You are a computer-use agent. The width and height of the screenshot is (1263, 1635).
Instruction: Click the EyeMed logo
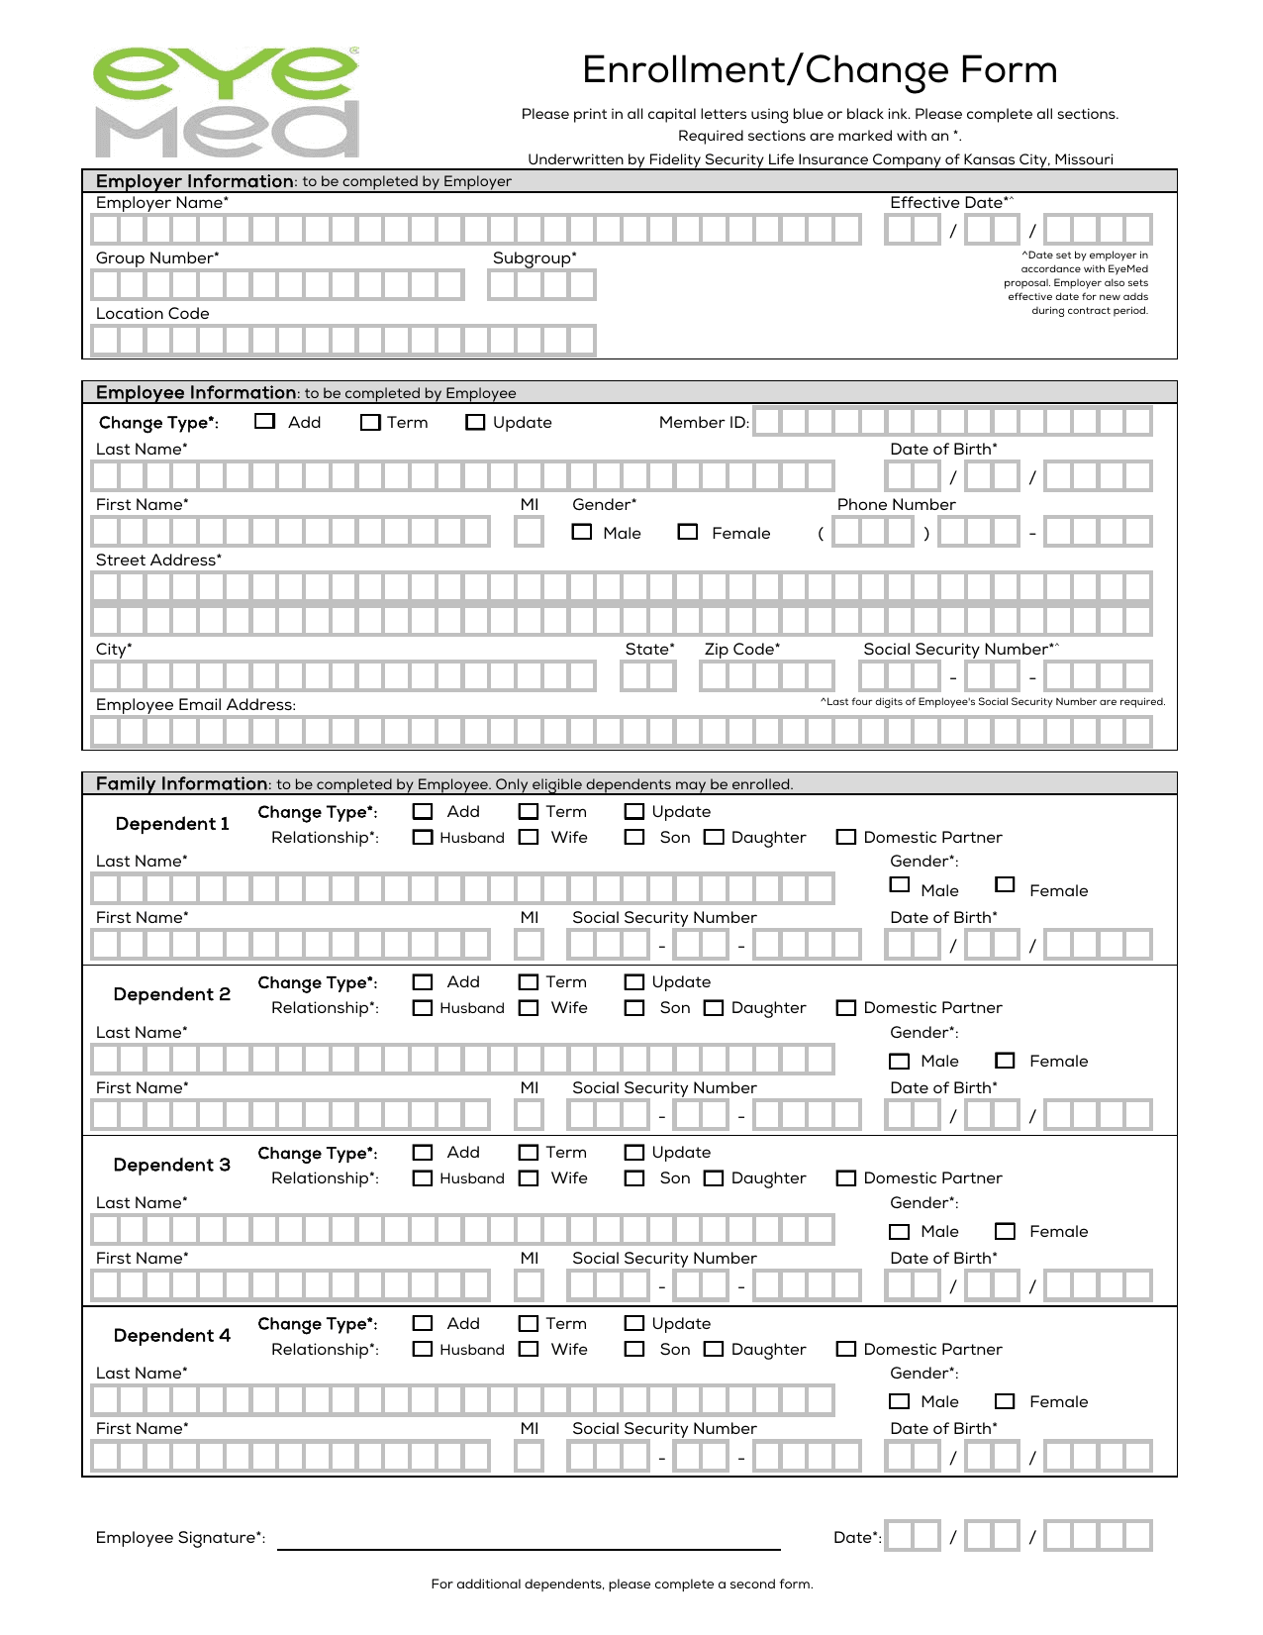tap(227, 102)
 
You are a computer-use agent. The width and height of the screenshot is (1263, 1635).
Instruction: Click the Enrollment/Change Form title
tap(820, 70)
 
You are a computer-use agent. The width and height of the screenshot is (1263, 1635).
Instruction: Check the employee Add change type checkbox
tap(264, 421)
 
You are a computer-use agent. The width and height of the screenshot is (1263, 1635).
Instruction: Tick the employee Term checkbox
tap(370, 422)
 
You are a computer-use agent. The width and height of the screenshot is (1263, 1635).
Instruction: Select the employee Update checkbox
tap(475, 422)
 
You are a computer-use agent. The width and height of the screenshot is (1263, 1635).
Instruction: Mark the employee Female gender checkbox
tap(688, 532)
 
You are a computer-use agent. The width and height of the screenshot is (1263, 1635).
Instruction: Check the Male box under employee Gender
tap(582, 532)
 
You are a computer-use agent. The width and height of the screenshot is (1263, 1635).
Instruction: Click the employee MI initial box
tap(529, 532)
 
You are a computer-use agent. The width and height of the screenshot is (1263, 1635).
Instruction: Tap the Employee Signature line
tap(529, 1540)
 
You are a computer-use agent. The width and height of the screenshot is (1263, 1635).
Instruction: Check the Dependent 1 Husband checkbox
tap(423, 837)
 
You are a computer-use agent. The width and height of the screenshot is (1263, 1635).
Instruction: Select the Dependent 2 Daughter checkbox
tap(714, 1007)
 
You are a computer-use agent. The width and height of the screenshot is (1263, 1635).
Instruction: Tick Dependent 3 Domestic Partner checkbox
tap(846, 1177)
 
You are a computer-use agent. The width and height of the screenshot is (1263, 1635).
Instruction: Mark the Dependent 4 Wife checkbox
tap(530, 1349)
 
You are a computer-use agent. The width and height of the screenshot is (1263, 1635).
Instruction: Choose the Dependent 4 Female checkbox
tap(1005, 1401)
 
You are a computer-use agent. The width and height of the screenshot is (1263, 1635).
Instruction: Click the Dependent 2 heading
tap(172, 994)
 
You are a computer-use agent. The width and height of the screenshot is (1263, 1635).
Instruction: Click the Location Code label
tap(152, 313)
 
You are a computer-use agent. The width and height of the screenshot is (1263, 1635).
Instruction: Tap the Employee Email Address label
tap(196, 704)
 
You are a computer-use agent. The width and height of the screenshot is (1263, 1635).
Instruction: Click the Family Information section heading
tap(182, 783)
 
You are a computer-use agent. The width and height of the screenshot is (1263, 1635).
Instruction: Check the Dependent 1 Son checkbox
tap(634, 837)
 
